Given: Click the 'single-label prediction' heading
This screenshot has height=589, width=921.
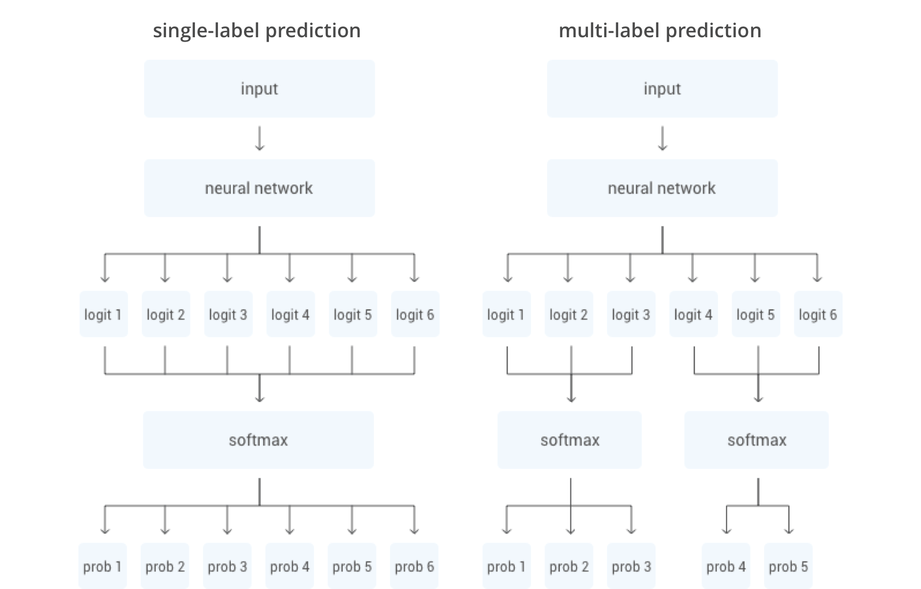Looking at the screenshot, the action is [257, 30].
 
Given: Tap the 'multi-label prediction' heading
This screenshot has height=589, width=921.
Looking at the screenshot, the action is [660, 30].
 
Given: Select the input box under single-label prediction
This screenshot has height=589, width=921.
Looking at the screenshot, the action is [259, 89].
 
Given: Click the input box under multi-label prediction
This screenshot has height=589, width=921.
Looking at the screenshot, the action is [662, 89].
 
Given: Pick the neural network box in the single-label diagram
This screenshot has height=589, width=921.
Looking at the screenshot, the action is [259, 188].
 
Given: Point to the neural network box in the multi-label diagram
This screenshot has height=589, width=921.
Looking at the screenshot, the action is [662, 188].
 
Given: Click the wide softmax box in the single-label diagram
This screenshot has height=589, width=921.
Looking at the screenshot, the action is [258, 440].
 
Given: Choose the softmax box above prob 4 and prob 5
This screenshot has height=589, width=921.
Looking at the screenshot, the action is [756, 440].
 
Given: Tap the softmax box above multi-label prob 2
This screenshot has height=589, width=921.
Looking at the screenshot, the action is [570, 440].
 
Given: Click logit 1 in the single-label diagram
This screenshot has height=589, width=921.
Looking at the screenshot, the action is [103, 314].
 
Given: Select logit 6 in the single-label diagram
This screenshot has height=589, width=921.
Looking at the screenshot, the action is [415, 314].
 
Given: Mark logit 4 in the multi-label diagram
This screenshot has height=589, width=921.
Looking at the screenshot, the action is [693, 314].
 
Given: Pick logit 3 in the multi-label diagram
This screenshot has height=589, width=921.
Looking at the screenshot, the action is [631, 314].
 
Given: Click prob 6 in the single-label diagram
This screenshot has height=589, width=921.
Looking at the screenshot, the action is [414, 566].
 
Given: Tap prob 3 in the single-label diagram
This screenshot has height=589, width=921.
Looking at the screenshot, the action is [227, 566].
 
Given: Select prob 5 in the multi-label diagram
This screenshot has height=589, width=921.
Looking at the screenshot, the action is [788, 566].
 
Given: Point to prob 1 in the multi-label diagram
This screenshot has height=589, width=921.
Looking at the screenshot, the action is [507, 566].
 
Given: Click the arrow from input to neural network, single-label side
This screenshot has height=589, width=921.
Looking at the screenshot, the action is [260, 138].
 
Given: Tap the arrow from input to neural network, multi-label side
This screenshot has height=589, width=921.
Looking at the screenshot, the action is [662, 138].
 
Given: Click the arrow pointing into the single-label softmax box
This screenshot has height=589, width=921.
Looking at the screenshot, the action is [260, 388].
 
